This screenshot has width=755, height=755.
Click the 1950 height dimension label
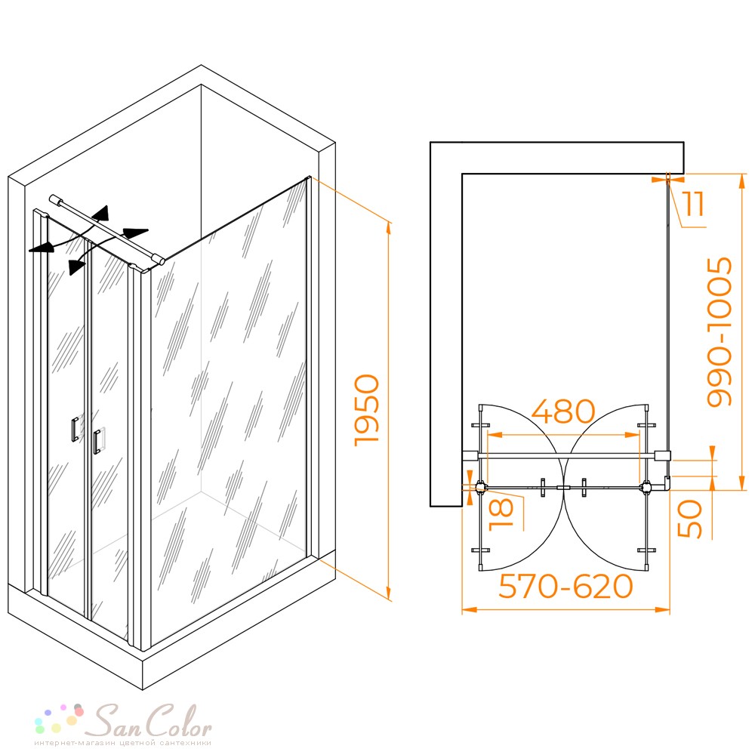[x=367, y=410]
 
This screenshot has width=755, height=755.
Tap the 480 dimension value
[x=563, y=411]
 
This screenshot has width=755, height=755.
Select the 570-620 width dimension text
[x=565, y=587]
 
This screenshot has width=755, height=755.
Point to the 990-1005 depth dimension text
[x=720, y=331]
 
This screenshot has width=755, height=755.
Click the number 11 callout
[x=695, y=204]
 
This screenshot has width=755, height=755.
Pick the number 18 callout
[x=501, y=514]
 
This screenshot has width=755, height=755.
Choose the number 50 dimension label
[x=689, y=519]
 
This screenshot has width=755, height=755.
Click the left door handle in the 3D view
[x=75, y=430]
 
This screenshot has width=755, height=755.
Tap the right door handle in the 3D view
[x=97, y=441]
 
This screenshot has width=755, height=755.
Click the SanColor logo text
[x=154, y=721]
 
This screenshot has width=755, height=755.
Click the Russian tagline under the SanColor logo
[x=122, y=743]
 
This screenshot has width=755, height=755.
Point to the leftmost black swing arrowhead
[x=39, y=248]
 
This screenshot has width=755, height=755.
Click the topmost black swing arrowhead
[x=102, y=213]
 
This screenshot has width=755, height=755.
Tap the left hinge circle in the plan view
[x=480, y=488]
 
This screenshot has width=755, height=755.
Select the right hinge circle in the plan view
[x=646, y=488]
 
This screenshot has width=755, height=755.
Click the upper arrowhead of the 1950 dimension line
[x=388, y=228]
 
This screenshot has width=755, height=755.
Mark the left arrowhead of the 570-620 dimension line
[x=469, y=609]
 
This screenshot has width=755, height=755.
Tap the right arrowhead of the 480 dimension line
[x=633, y=435]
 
